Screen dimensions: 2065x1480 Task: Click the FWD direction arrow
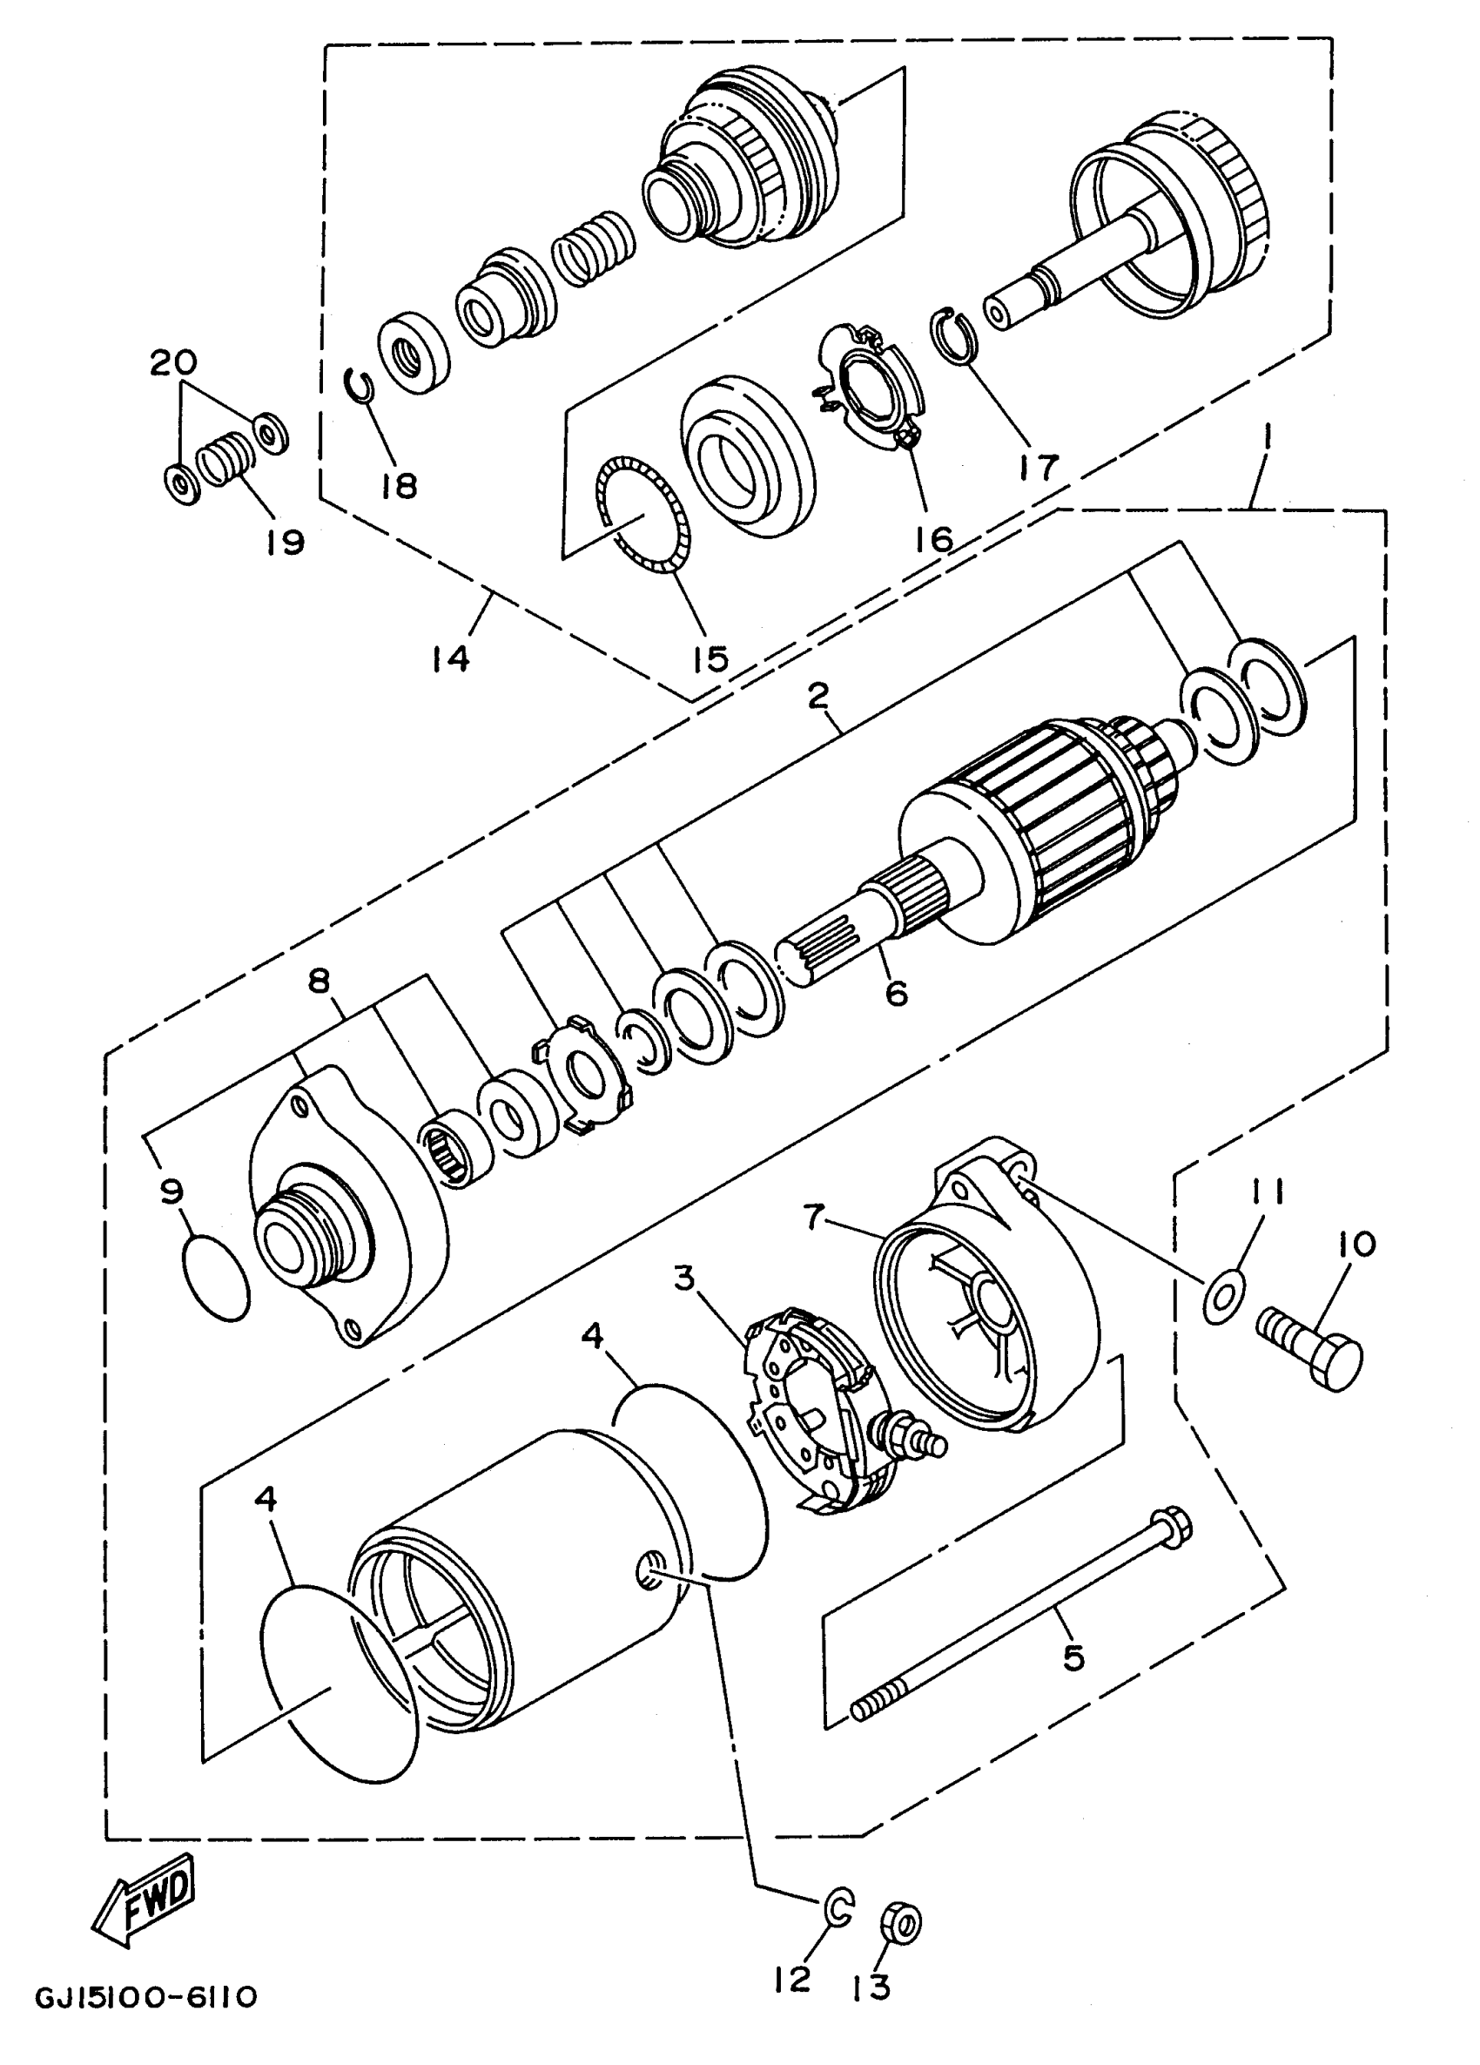tap(145, 1908)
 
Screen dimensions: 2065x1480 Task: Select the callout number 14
tap(451, 658)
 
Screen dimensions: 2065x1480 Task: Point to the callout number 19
tap(284, 543)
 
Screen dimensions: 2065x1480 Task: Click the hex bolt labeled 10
tap(1311, 1361)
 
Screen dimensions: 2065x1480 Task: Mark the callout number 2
tap(817, 698)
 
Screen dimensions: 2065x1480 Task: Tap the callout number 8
tap(320, 982)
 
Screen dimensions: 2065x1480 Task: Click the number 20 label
tap(173, 363)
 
